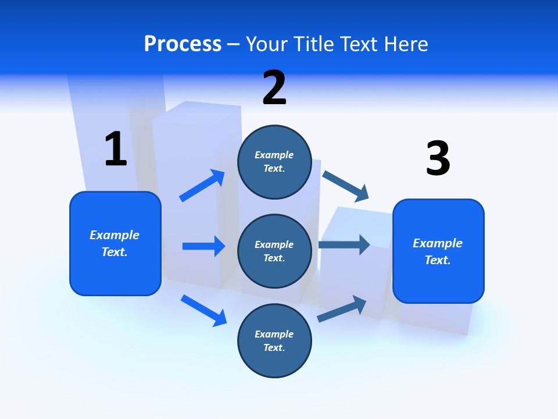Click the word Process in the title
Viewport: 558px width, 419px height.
point(183,44)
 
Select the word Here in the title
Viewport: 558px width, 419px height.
point(405,44)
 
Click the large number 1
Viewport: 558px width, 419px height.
point(116,149)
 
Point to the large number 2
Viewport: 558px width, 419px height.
point(274,88)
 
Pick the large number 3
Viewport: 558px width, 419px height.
point(438,158)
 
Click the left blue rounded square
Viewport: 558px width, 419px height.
point(115,243)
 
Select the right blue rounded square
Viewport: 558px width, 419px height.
point(438,251)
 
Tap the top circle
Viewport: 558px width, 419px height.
point(274,162)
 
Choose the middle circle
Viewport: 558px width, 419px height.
point(274,251)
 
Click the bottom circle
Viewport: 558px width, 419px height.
point(274,340)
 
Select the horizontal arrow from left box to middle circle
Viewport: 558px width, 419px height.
point(203,246)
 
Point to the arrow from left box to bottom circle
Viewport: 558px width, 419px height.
point(203,310)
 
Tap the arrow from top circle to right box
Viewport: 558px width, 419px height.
point(345,186)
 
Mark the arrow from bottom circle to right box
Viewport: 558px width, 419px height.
point(342,308)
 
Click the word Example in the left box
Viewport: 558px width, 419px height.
point(115,235)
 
